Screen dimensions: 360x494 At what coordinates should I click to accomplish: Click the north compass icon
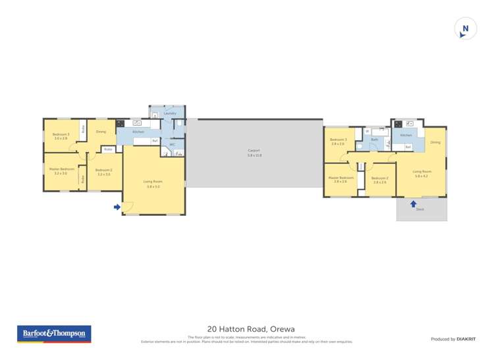click(466, 29)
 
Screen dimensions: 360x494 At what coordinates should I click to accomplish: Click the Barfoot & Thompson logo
click(54, 334)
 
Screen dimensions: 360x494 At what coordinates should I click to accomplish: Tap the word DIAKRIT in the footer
click(466, 339)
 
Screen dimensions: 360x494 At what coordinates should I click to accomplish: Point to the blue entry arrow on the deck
click(413, 203)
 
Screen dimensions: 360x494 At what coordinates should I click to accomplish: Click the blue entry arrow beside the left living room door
click(117, 207)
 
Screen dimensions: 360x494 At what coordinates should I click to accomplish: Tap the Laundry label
click(170, 113)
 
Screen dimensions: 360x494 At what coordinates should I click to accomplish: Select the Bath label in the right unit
click(374, 140)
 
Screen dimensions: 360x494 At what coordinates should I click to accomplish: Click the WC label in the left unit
click(173, 144)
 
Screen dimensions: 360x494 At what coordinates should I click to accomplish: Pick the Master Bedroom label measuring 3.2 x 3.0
click(61, 168)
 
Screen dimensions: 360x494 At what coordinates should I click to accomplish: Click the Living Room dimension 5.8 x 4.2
click(422, 176)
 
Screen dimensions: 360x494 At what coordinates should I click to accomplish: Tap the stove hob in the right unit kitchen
click(398, 123)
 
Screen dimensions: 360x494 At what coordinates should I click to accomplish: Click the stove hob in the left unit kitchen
click(121, 123)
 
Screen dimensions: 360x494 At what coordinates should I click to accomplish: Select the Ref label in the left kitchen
click(155, 141)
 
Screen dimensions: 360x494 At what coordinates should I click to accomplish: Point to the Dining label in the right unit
click(435, 142)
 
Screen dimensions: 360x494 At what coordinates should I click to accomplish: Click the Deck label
click(420, 209)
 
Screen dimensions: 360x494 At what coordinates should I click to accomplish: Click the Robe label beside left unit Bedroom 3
click(83, 129)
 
